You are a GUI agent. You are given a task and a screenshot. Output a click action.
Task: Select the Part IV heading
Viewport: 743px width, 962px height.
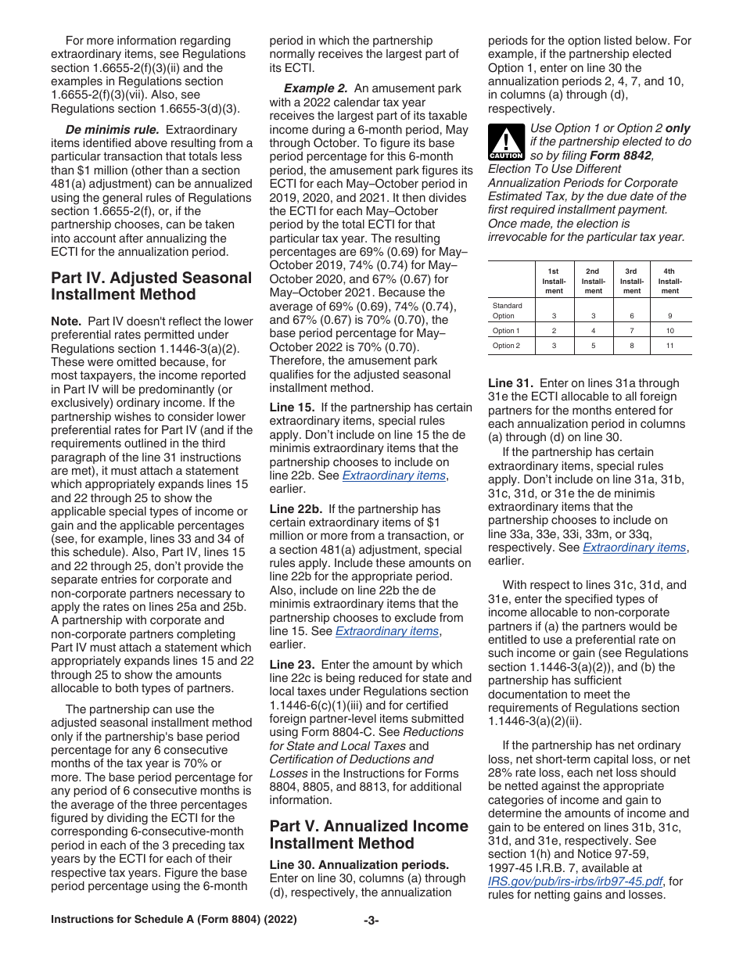click(x=151, y=286)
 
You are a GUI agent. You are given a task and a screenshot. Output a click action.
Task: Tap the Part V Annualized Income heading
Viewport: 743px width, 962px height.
click(x=369, y=835)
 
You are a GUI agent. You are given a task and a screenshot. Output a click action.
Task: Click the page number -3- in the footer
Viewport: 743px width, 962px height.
click(x=371, y=921)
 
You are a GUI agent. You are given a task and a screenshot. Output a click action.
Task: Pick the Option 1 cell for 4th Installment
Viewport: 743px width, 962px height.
click(x=670, y=331)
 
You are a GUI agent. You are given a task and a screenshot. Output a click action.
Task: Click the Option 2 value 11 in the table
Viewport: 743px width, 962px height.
click(x=670, y=346)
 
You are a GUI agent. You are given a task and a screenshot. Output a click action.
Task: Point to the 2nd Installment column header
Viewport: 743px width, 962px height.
click(x=594, y=282)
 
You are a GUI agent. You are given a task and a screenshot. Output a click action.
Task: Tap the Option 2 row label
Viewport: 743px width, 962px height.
click(x=506, y=346)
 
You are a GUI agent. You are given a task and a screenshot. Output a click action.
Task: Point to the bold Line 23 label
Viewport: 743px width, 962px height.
click(x=293, y=664)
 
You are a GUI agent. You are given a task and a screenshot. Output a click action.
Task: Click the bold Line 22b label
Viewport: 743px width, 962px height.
click(x=296, y=508)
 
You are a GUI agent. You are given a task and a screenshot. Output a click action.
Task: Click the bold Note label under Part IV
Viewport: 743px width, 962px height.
click(x=66, y=321)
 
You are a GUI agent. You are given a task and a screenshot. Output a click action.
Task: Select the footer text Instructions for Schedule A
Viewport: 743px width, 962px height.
click(x=174, y=921)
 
